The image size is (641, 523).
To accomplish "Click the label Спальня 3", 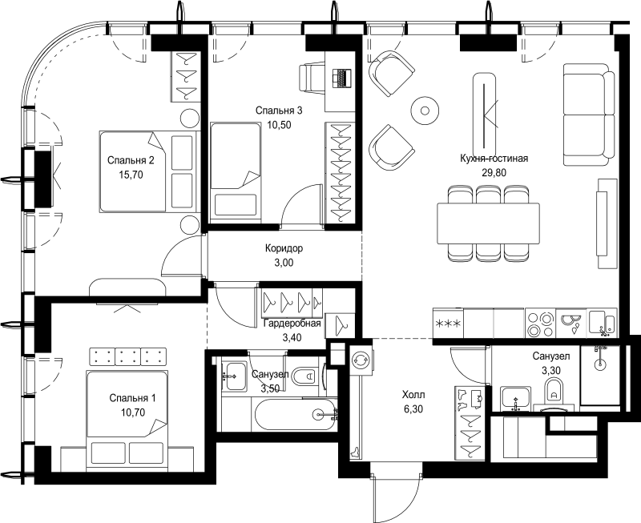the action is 279,111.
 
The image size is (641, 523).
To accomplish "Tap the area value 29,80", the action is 494,173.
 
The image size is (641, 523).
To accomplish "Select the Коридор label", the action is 284,248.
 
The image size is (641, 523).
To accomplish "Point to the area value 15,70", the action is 131,175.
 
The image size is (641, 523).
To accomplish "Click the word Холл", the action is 413,395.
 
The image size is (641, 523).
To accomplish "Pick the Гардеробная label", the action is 292,324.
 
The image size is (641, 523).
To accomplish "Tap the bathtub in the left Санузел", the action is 295,414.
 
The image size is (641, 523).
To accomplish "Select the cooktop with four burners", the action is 540,324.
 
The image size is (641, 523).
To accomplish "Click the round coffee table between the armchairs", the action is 425,111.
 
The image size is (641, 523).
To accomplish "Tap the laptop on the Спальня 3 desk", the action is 342,78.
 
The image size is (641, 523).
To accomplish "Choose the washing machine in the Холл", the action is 361,360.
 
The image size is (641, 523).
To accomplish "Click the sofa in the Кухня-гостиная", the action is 589,115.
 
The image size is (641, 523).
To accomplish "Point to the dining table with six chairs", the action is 488,223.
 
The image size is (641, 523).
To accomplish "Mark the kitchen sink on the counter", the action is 602,324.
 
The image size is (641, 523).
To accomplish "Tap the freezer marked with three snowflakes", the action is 449,324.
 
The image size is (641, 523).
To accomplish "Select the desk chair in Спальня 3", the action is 312,78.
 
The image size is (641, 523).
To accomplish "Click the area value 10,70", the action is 133,412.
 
